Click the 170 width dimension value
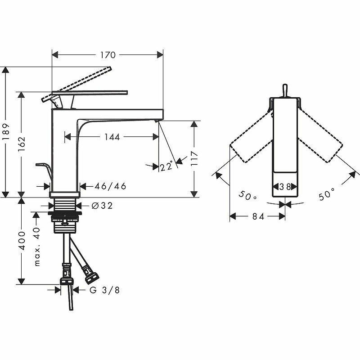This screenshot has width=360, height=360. (x=108, y=55)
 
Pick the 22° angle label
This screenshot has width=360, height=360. (x=166, y=166)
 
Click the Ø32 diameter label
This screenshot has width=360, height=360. (x=101, y=206)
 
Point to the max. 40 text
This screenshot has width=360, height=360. (x=37, y=246)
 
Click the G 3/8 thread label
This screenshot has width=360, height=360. (x=104, y=290)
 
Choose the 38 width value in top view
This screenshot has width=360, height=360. (x=284, y=186)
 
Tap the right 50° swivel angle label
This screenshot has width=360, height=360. (x=327, y=195)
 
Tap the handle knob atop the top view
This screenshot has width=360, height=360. (x=284, y=90)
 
